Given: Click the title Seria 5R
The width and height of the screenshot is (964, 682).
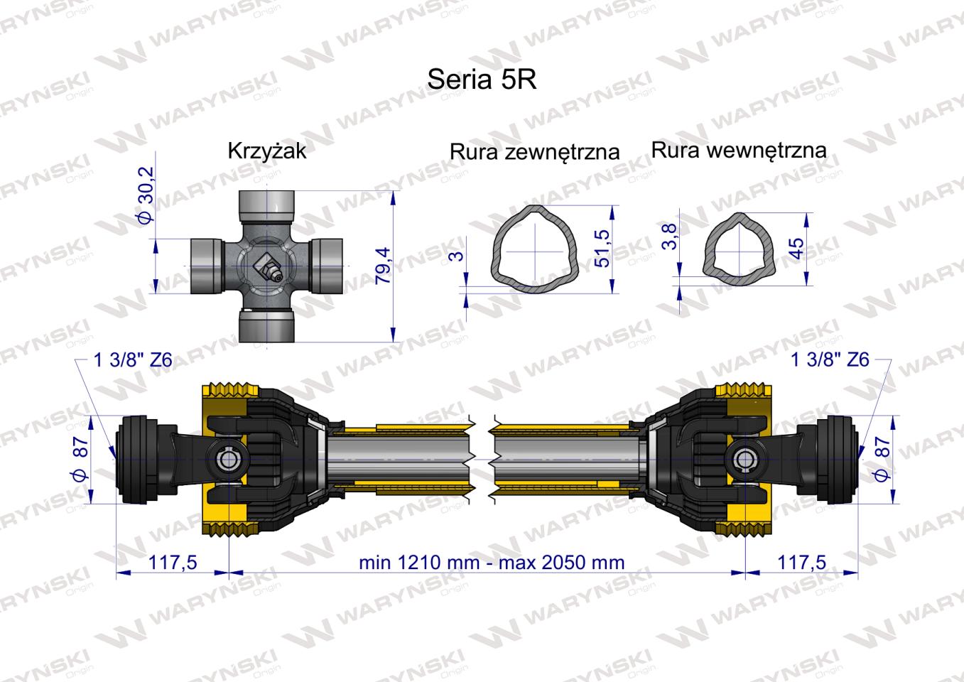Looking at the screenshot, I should [x=482, y=80].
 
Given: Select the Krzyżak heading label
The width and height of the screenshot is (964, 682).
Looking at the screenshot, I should [x=267, y=151].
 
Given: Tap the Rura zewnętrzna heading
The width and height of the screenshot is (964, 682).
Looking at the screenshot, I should [x=534, y=151].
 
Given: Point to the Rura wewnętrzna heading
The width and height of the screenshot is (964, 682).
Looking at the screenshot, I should [x=739, y=150].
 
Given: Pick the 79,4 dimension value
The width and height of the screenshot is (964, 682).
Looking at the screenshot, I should [x=383, y=266].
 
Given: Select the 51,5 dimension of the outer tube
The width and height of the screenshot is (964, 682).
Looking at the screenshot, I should [x=602, y=248].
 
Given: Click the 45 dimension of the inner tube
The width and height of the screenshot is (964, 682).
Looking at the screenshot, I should [x=796, y=248].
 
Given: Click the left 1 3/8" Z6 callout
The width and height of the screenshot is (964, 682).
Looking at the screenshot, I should [x=133, y=359].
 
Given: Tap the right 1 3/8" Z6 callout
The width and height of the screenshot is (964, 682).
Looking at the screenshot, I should [x=830, y=359].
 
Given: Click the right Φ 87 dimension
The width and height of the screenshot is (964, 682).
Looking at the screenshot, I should [x=883, y=458].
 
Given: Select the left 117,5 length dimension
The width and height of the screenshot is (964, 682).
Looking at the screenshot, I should [x=172, y=563].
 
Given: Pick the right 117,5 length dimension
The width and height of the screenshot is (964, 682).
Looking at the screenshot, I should [x=802, y=563].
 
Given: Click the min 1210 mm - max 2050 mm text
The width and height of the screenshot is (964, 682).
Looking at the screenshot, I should [x=492, y=563].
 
